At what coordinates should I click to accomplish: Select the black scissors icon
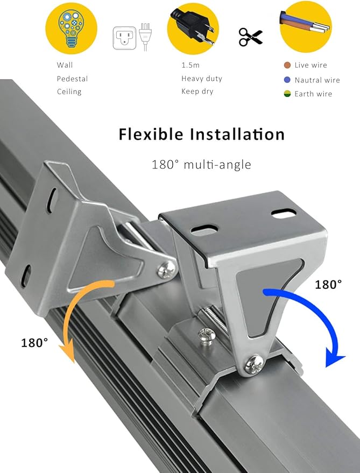[x=250, y=37]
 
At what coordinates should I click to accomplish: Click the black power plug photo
[x=193, y=27]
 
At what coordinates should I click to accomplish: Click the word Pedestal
[x=72, y=79]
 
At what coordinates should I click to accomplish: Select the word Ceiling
[x=69, y=91]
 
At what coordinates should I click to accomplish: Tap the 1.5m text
[x=191, y=65]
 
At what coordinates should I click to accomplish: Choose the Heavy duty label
[x=201, y=79]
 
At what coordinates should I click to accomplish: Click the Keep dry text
[x=197, y=91]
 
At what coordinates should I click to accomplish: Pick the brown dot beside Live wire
[x=287, y=65]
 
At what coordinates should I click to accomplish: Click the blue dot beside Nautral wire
[x=287, y=80]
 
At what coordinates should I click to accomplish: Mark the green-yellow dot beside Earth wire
[x=287, y=94]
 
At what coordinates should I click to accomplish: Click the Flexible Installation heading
[x=201, y=134]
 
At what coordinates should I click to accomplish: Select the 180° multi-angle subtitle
[x=201, y=164]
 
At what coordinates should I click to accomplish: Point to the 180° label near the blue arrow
[x=328, y=285]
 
